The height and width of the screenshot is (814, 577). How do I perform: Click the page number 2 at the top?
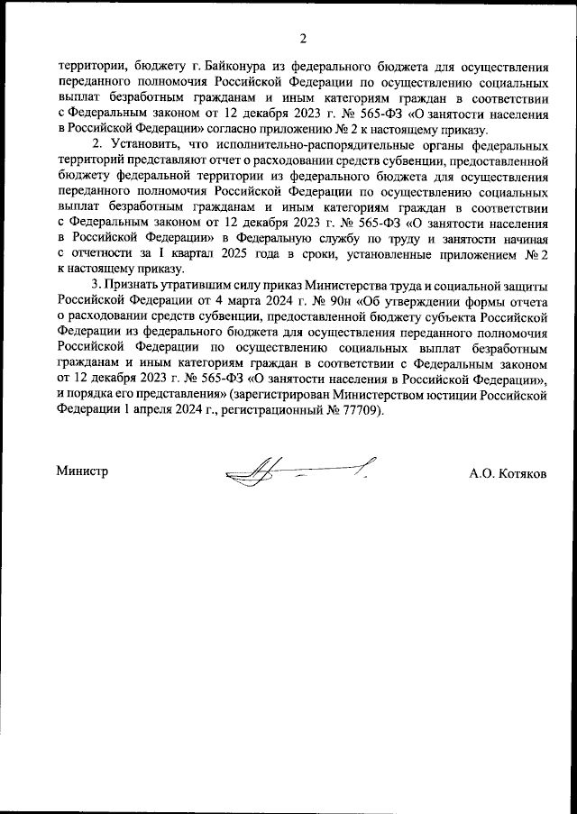[x=303, y=38]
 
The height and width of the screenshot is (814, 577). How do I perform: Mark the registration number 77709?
[x=362, y=411]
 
